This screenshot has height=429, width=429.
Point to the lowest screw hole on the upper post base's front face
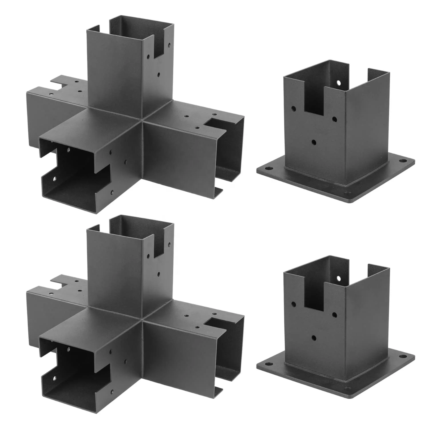(x=314, y=142)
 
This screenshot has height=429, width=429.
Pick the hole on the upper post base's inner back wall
(x=339, y=83)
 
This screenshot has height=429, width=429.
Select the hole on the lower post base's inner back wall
(x=339, y=278)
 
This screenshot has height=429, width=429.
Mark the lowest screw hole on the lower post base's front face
(x=314, y=338)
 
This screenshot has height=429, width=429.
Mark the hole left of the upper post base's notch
(x=294, y=109)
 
